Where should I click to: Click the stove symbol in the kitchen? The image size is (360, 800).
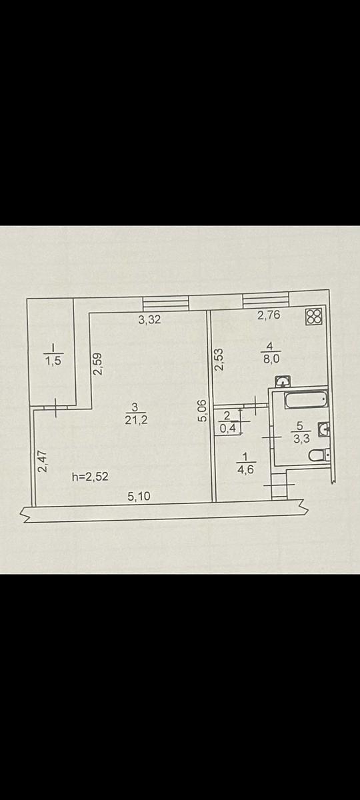pyautogui.click(x=314, y=317)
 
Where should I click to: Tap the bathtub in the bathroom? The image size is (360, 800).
pyautogui.click(x=307, y=399)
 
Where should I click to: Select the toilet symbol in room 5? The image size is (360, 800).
pyautogui.click(x=319, y=455)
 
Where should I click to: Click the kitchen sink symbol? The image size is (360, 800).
pyautogui.click(x=283, y=381)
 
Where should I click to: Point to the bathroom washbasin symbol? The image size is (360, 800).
pyautogui.click(x=324, y=429)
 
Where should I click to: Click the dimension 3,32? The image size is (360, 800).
pyautogui.click(x=149, y=319)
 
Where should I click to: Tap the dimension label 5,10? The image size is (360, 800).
pyautogui.click(x=139, y=496)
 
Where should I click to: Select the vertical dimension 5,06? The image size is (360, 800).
pyautogui.click(x=202, y=411)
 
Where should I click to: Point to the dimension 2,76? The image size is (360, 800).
pyautogui.click(x=269, y=315)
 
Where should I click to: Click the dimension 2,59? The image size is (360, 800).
pyautogui.click(x=97, y=364)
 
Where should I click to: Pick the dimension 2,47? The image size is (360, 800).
pyautogui.click(x=42, y=461)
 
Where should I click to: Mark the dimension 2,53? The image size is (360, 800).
pyautogui.click(x=218, y=359)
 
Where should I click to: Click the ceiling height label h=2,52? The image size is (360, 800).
pyautogui.click(x=90, y=477)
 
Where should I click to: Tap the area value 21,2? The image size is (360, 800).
pyautogui.click(x=136, y=419)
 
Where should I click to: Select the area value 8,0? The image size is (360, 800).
pyautogui.click(x=271, y=359)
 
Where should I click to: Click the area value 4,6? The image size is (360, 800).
pyautogui.click(x=245, y=469)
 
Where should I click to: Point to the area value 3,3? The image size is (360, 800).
pyautogui.click(x=301, y=438)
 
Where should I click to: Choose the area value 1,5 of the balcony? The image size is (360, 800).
pyautogui.click(x=53, y=361)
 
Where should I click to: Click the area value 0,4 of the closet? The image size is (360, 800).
pyautogui.click(x=228, y=428)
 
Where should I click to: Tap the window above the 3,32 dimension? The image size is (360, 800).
pyautogui.click(x=166, y=303)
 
